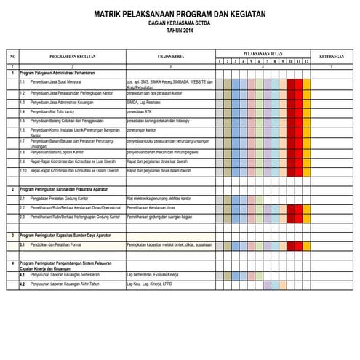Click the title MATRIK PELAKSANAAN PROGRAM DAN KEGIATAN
pyautogui.click(x=180, y=14)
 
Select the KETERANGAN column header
pyautogui.click(x=331, y=57)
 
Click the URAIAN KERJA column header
pyautogui.click(x=169, y=57)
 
